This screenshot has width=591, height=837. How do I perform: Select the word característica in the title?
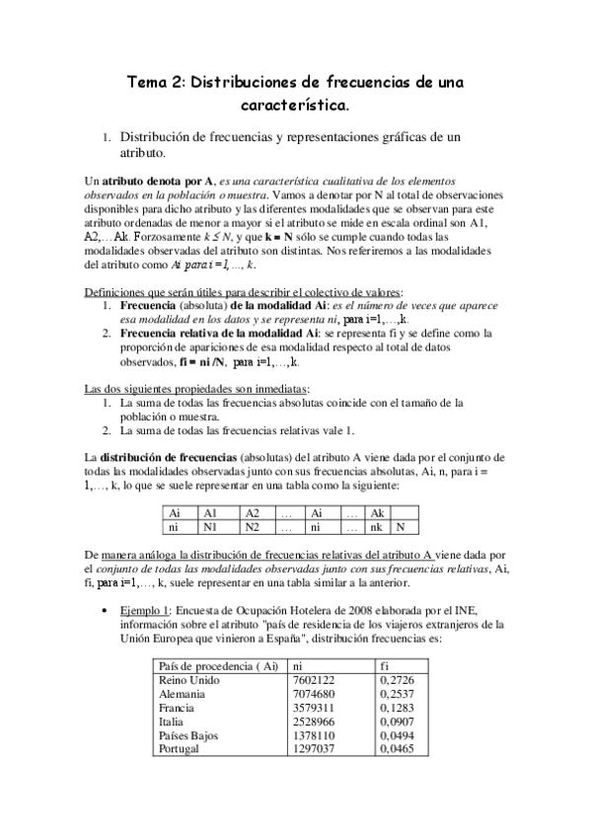pyautogui.click(x=294, y=103)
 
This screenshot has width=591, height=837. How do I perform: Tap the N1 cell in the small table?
pyautogui.click(x=209, y=527)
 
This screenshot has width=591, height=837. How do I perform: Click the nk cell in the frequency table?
pyautogui.click(x=376, y=527)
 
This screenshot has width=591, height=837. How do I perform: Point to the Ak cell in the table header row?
pyautogui.click(x=376, y=513)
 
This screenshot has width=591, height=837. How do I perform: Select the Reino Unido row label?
pyautogui.click(x=189, y=680)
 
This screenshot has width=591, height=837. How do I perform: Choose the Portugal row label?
pyautogui.click(x=180, y=751)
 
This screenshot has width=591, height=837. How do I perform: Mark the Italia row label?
pyautogui.click(x=172, y=723)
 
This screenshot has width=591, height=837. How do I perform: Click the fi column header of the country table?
pyautogui.click(x=385, y=665)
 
